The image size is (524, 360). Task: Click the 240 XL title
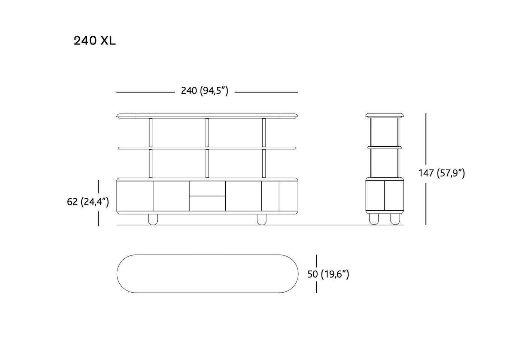(x=94, y=41)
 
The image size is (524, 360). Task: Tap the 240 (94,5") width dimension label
(x=204, y=91)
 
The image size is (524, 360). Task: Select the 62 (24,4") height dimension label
(x=88, y=202)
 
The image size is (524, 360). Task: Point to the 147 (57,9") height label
(x=442, y=173)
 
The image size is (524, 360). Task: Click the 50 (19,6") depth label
(x=328, y=274)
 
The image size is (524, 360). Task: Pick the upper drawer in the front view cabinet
(x=207, y=188)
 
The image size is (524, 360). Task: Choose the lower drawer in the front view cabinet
(x=207, y=204)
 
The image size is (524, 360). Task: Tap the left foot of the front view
(x=153, y=219)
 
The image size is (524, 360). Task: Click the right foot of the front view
(x=262, y=219)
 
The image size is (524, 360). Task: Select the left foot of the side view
(x=374, y=219)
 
